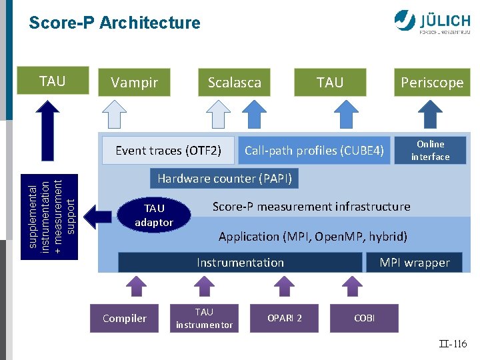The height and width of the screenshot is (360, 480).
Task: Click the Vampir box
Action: point(134,83)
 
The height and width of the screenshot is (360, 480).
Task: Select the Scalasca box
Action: point(235,83)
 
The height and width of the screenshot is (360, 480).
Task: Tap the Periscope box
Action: point(431,83)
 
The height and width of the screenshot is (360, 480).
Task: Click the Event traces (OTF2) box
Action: point(169,151)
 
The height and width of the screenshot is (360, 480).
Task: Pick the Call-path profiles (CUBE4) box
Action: point(314,151)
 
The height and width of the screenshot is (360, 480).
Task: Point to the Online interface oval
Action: point(430,150)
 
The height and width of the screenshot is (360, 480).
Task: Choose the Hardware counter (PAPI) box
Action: point(225,179)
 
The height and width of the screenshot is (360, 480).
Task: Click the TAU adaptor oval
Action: point(154,215)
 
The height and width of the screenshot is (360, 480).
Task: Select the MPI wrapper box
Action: point(415,263)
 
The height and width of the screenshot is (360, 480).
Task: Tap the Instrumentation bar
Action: point(240,263)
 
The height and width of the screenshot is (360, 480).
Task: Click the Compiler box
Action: point(125,318)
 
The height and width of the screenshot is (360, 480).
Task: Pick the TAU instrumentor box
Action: point(204,318)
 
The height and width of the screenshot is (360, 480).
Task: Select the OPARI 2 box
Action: point(285,318)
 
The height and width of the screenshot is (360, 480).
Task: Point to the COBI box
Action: point(364,318)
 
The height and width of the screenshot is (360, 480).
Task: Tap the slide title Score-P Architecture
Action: point(114,23)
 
